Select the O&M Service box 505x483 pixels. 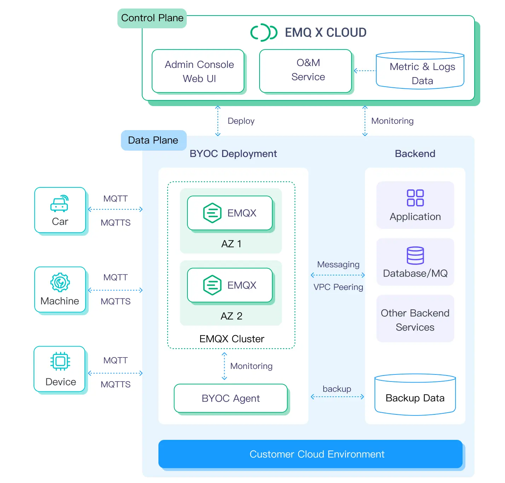coord(306,71)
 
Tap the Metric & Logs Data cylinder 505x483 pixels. coord(420,71)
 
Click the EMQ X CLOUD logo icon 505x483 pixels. coord(263,33)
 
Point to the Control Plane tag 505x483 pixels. coord(152,18)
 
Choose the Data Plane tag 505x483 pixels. coord(153,140)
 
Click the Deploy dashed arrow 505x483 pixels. coord(218,121)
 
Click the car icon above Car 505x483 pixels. coord(59,204)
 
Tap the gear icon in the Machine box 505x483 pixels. coord(60,282)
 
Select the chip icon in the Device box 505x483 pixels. coord(60,361)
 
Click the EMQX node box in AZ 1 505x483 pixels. coord(230,213)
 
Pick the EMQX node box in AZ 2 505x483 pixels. coord(230,285)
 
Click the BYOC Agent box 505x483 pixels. coord(231,398)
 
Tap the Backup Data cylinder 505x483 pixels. coord(415,395)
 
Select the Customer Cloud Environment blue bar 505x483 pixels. coord(310,454)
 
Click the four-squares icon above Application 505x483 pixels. coord(415,198)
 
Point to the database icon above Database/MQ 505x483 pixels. coord(415,255)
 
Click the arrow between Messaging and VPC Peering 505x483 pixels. coord(338,275)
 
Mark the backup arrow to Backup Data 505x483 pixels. coord(337,397)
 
